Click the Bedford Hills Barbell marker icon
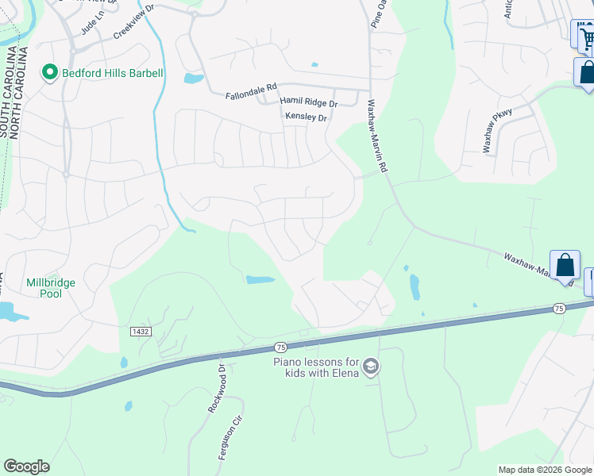(x=50, y=74)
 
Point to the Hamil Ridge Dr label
(x=308, y=103)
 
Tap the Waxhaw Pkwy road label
(x=499, y=129)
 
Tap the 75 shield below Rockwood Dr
(x=280, y=347)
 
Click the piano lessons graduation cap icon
(x=371, y=367)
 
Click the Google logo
(x=26, y=466)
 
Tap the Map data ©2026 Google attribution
(x=544, y=470)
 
